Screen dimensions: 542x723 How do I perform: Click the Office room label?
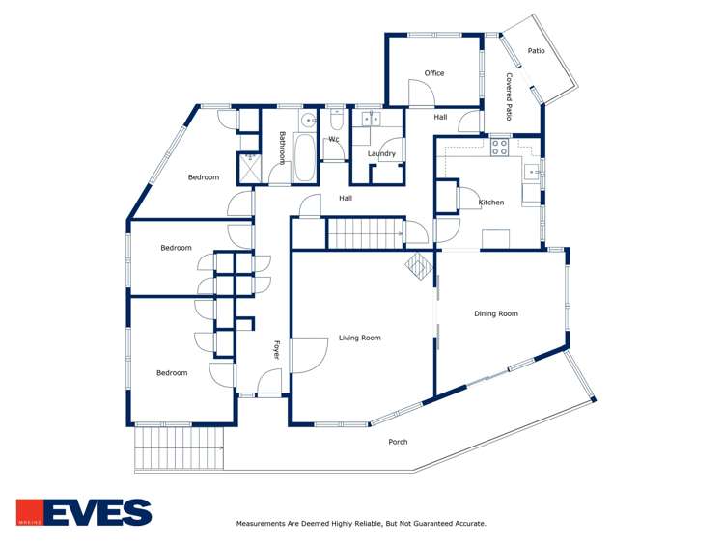click(434, 73)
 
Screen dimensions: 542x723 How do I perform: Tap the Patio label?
click(537, 50)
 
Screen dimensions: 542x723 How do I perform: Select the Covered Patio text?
click(509, 98)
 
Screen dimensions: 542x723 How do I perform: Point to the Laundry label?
click(381, 153)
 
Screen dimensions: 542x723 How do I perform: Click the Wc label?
click(334, 139)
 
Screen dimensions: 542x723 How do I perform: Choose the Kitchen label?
click(491, 203)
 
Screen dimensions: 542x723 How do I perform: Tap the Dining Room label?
click(495, 313)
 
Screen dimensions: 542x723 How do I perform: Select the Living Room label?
click(359, 338)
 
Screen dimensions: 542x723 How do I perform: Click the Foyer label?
click(275, 349)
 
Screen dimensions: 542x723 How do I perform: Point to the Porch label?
click(398, 442)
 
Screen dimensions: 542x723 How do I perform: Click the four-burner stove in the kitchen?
click(500, 148)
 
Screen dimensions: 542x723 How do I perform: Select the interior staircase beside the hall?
click(364, 233)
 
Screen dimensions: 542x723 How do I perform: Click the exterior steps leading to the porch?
click(179, 448)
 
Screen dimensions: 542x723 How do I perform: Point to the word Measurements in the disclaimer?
click(264, 524)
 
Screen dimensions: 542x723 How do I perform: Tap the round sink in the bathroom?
click(307, 121)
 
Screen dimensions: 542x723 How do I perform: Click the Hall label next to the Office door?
click(440, 117)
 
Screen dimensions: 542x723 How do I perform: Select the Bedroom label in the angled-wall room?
click(203, 177)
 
